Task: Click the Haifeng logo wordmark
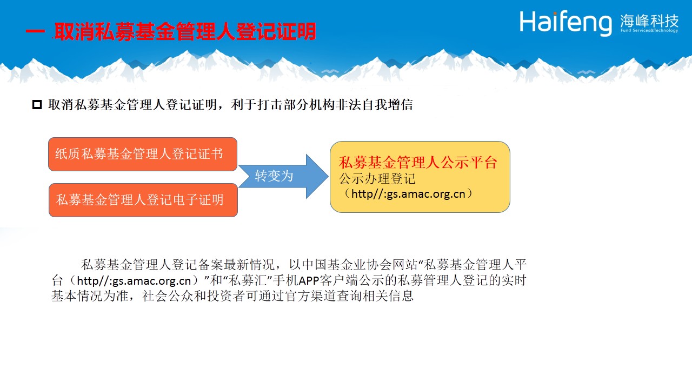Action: click(x=565, y=23)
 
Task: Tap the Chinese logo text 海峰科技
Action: click(x=649, y=21)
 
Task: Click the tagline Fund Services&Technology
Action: click(x=649, y=30)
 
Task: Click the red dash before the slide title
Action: click(x=35, y=31)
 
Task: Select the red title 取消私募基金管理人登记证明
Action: click(x=185, y=31)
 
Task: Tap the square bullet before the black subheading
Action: click(x=37, y=105)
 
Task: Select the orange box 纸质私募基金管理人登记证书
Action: click(x=143, y=154)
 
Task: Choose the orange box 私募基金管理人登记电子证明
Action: click(x=143, y=200)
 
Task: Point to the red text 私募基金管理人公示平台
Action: click(x=418, y=163)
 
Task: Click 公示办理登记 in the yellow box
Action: click(x=377, y=179)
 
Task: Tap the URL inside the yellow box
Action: click(x=408, y=194)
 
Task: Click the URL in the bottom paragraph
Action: click(x=134, y=280)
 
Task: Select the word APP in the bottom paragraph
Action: click(x=309, y=280)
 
